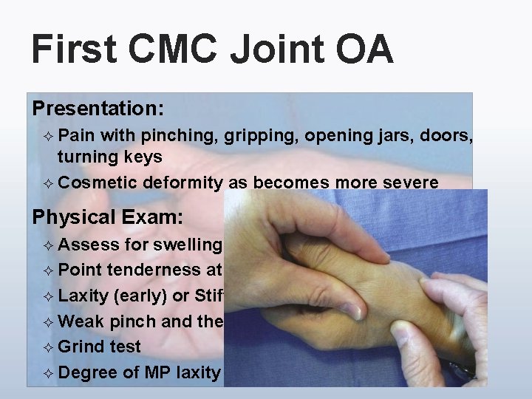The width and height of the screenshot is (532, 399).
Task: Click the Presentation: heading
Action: (x=98, y=109)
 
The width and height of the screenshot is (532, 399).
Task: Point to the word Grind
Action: (x=81, y=347)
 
